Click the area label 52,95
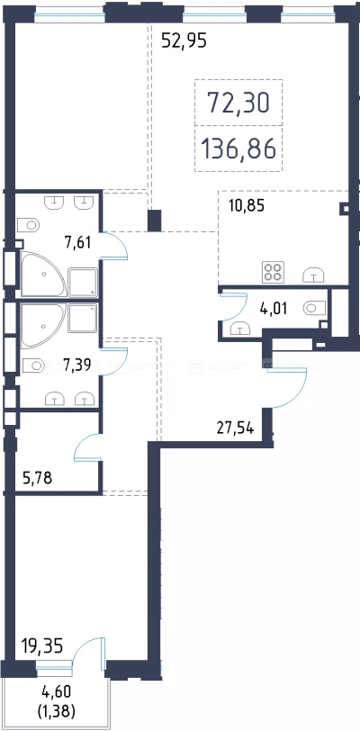point(184,41)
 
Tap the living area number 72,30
point(238,103)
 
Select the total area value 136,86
point(238,149)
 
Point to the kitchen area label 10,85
point(247,205)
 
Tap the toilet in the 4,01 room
point(314,308)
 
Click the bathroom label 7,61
point(77,242)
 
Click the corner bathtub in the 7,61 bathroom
point(42,274)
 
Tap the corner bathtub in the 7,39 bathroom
point(42,326)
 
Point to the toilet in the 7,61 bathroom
point(29,225)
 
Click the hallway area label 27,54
point(236,428)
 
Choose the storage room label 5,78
point(37,477)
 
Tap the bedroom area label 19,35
point(42,646)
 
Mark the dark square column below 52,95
point(155,220)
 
